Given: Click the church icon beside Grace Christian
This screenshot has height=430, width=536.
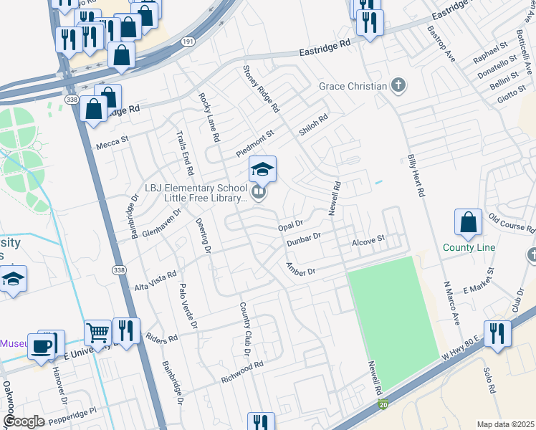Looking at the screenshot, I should (x=398, y=87).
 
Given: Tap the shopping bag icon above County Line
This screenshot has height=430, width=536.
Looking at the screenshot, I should (x=468, y=223).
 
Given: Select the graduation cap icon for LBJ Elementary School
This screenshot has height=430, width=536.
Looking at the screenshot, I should (x=262, y=169).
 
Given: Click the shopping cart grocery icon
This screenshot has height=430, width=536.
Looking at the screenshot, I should (x=97, y=333).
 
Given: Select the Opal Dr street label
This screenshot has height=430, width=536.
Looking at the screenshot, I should (x=291, y=226).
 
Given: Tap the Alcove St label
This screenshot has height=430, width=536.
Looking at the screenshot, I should (x=368, y=243).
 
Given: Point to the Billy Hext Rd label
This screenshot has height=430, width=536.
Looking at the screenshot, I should (x=416, y=175).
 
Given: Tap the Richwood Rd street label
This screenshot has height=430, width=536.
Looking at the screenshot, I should (x=243, y=369).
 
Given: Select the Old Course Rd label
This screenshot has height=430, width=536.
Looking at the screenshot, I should (x=512, y=223).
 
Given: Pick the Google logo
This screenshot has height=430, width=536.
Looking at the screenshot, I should (x=23, y=421).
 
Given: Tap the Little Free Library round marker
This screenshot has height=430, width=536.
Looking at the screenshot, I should (x=259, y=192).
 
